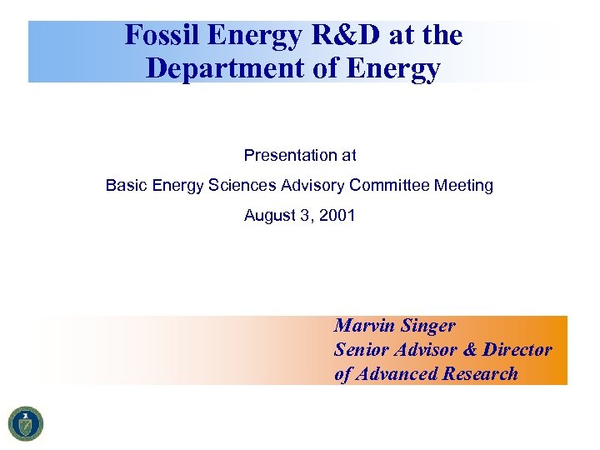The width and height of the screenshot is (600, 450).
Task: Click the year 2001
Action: pos(337,216)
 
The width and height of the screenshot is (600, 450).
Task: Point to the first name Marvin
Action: pos(363,326)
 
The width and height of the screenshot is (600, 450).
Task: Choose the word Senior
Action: pos(361,350)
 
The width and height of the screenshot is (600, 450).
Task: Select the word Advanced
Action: pos(397,374)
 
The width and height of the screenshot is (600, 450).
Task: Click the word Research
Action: pos(481,374)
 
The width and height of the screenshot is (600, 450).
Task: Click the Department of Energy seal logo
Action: pos(26,423)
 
